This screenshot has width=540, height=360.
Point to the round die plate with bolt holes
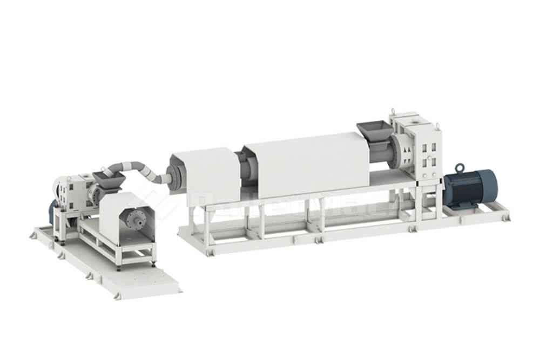tap(134, 222)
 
